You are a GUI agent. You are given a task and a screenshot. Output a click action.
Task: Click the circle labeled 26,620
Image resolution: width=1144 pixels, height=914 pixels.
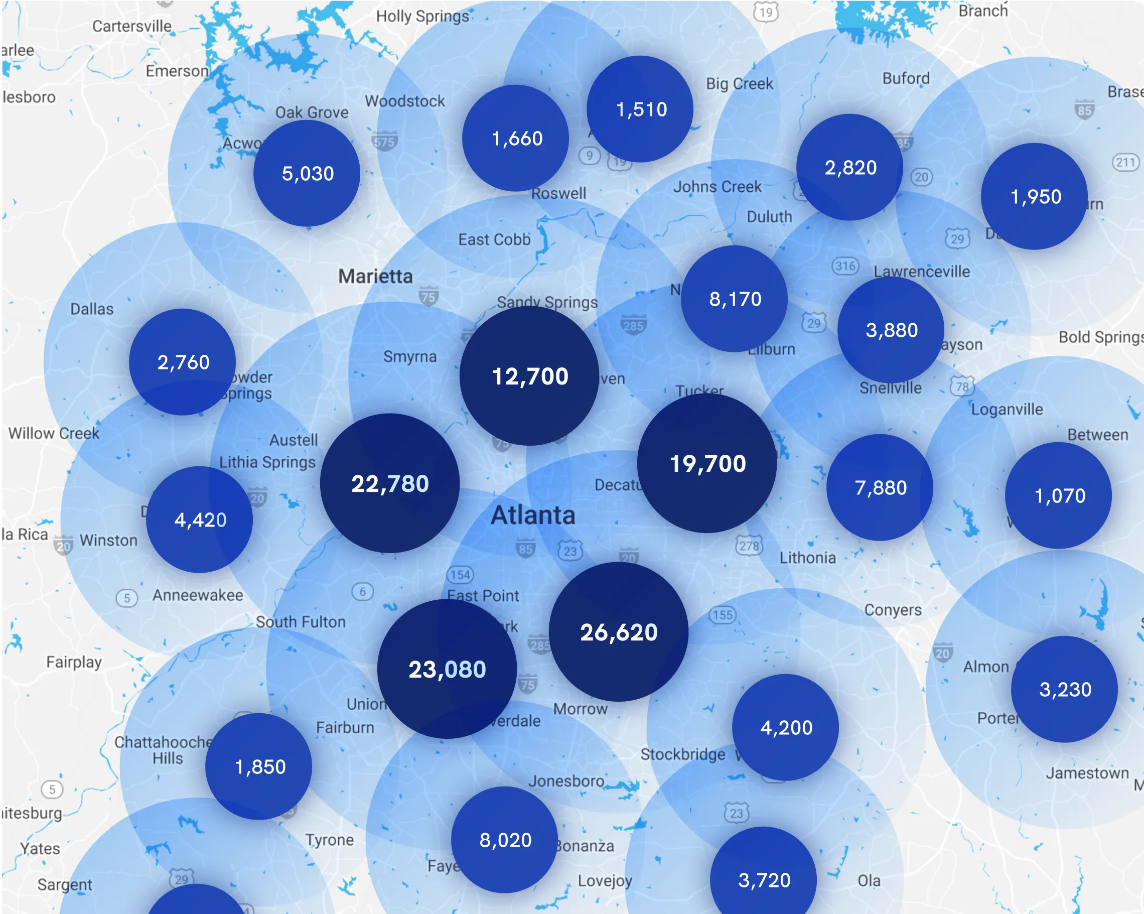click(x=618, y=631)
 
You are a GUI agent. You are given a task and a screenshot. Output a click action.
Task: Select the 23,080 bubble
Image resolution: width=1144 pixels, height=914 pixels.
click(x=447, y=669)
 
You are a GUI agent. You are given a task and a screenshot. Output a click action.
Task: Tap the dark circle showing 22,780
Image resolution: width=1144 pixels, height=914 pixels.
click(x=389, y=483)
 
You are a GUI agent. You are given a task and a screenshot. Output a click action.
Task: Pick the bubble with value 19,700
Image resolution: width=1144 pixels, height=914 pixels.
click(x=707, y=463)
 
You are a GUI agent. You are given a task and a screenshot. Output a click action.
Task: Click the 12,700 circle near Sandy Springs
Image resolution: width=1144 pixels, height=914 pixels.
click(x=529, y=376)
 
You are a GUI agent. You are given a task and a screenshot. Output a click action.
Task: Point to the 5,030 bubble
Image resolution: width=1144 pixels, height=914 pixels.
click(x=307, y=173)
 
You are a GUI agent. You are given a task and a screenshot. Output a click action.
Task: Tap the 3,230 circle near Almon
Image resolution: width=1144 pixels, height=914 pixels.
click(x=1064, y=689)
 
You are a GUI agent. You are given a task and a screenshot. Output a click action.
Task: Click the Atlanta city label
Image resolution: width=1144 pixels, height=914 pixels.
click(x=533, y=515)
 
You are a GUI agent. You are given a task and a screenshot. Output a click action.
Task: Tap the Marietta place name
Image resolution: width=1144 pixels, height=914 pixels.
click(x=375, y=276)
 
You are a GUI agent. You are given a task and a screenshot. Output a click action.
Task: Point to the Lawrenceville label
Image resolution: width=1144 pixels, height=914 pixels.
click(x=922, y=271)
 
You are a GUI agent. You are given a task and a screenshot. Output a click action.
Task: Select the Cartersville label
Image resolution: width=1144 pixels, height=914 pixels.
click(x=131, y=26)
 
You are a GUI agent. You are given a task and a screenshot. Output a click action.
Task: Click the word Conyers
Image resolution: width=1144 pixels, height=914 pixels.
click(x=893, y=610)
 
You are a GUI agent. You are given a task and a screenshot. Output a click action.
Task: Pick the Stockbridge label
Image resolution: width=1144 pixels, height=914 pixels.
click(x=682, y=754)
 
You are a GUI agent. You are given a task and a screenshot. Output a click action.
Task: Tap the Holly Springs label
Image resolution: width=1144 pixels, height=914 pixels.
click(x=422, y=17)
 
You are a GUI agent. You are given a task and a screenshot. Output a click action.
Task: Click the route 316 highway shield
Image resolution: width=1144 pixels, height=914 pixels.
click(x=845, y=266)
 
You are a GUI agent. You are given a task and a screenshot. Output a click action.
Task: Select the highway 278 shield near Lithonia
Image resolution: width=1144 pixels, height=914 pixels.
click(x=749, y=546)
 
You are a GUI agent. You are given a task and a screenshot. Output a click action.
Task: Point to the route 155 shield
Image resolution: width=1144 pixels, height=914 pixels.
click(x=722, y=615)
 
